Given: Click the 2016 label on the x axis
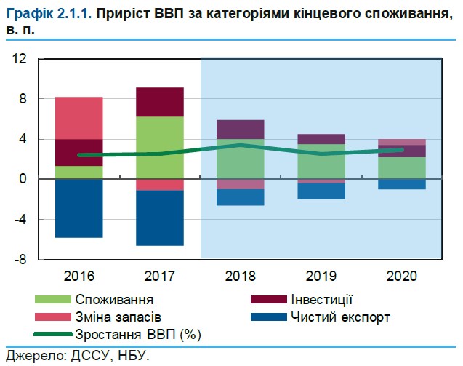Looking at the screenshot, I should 79,277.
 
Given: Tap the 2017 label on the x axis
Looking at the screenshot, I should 158,277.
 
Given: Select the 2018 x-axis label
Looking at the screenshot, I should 240,277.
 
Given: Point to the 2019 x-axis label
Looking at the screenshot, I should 321,277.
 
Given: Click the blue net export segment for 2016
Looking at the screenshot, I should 79,208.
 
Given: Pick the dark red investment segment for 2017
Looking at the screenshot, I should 159,102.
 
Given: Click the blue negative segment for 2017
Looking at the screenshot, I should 159,218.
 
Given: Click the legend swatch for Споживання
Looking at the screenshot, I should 53,300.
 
